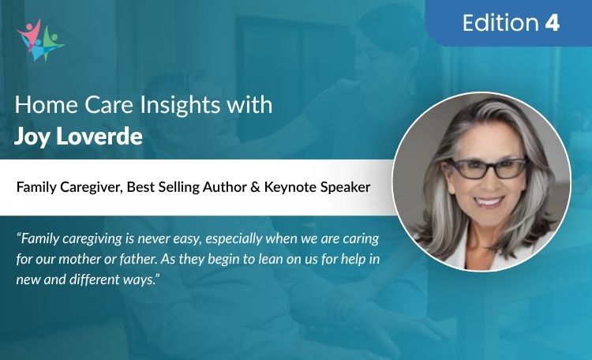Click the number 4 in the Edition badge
(552, 24)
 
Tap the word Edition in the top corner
(500, 24)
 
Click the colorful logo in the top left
(39, 39)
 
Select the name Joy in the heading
(32, 135)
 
